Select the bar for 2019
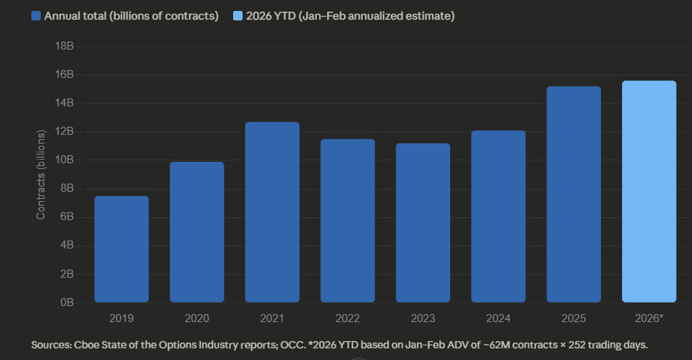(121, 249)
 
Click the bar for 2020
(197, 232)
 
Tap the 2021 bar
(272, 212)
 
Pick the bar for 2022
(347, 221)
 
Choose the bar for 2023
(422, 223)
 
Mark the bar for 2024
(498, 216)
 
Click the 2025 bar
(573, 195)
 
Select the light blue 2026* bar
(649, 192)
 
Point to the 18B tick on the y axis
(65, 46)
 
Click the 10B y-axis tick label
(65, 160)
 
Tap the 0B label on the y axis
(68, 302)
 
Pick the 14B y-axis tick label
(65, 103)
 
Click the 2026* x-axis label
(649, 318)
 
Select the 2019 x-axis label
(121, 318)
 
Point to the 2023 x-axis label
(422, 318)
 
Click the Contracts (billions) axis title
(42, 173)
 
